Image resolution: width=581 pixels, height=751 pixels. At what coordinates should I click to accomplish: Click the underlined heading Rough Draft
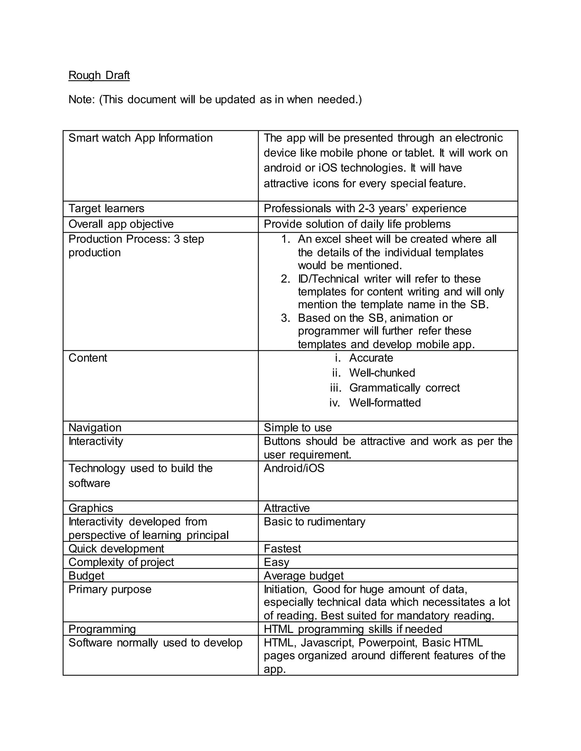point(99,75)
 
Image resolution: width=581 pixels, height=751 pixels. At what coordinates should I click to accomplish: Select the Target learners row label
point(106,208)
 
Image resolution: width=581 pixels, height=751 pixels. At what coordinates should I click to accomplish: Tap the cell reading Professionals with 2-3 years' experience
point(365,208)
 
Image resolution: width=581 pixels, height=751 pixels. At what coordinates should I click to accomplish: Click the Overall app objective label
point(121,224)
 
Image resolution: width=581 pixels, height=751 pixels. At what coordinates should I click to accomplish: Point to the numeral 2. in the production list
point(285,279)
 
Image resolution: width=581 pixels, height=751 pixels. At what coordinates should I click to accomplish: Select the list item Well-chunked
point(382,373)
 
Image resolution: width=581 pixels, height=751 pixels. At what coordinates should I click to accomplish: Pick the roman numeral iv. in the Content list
point(334,403)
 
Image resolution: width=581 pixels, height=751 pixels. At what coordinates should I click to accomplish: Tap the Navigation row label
point(95,428)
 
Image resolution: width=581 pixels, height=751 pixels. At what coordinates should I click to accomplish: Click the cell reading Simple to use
point(297,428)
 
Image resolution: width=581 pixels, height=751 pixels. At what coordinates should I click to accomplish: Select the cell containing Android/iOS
point(294,468)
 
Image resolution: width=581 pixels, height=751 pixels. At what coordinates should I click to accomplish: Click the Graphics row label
point(90,508)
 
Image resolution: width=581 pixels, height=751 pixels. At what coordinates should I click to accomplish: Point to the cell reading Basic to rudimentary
point(314,522)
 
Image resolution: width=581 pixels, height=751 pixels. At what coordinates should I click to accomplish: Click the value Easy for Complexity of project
point(276,562)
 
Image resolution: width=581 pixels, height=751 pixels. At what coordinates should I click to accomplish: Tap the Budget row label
point(86,576)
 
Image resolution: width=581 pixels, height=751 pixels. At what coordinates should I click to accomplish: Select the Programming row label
point(102,629)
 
